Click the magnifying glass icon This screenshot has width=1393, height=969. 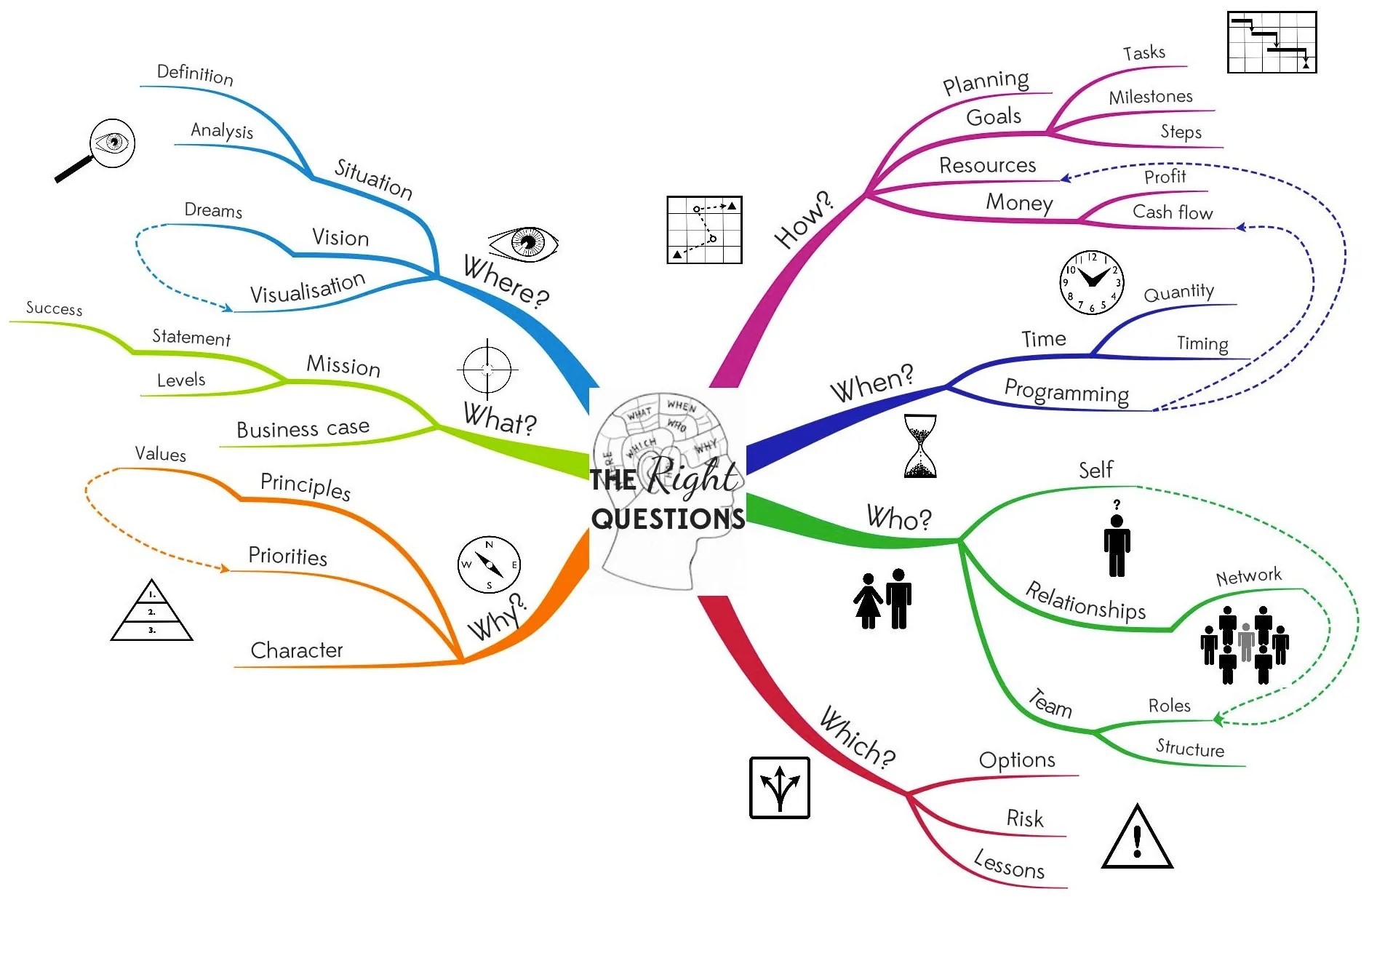tap(96, 149)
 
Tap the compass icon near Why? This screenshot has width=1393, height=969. tap(489, 565)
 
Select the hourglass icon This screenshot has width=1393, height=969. tap(919, 446)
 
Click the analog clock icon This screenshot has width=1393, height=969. tap(1091, 282)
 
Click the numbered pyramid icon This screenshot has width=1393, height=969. tap(151, 612)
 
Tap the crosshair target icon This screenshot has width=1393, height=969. tap(487, 370)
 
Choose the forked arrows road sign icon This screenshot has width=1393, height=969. tap(779, 788)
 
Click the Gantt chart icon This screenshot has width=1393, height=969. tap(1272, 42)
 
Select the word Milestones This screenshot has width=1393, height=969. tap(1150, 97)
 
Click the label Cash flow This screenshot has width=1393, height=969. tap(1173, 212)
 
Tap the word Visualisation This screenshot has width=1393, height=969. tap(307, 288)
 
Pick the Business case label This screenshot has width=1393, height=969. tap(303, 428)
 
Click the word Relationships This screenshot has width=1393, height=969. tap(1085, 601)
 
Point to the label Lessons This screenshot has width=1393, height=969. tap(1009, 864)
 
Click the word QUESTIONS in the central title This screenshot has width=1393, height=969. tap(668, 519)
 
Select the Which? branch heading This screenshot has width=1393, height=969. tap(857, 738)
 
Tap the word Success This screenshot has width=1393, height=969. tap(55, 308)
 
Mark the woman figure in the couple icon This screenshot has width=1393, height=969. tap(868, 601)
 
